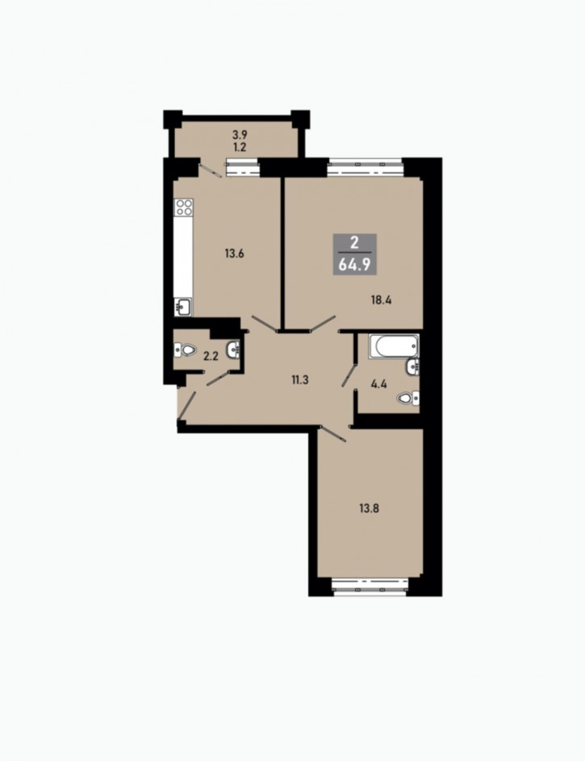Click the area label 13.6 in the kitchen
234,253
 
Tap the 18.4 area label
382,300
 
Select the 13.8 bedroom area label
369,508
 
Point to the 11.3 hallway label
300,379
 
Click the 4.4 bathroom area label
379,384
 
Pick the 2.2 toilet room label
211,356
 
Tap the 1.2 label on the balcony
240,147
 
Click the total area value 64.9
354,265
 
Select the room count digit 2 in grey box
354,243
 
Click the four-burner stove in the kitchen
184,207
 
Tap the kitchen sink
183,307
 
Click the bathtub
394,346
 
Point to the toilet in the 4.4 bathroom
408,399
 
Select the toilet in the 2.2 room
185,349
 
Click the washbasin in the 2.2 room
233,349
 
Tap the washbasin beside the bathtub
413,367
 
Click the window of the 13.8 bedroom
370,586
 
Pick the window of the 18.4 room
366,167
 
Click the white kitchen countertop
183,257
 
